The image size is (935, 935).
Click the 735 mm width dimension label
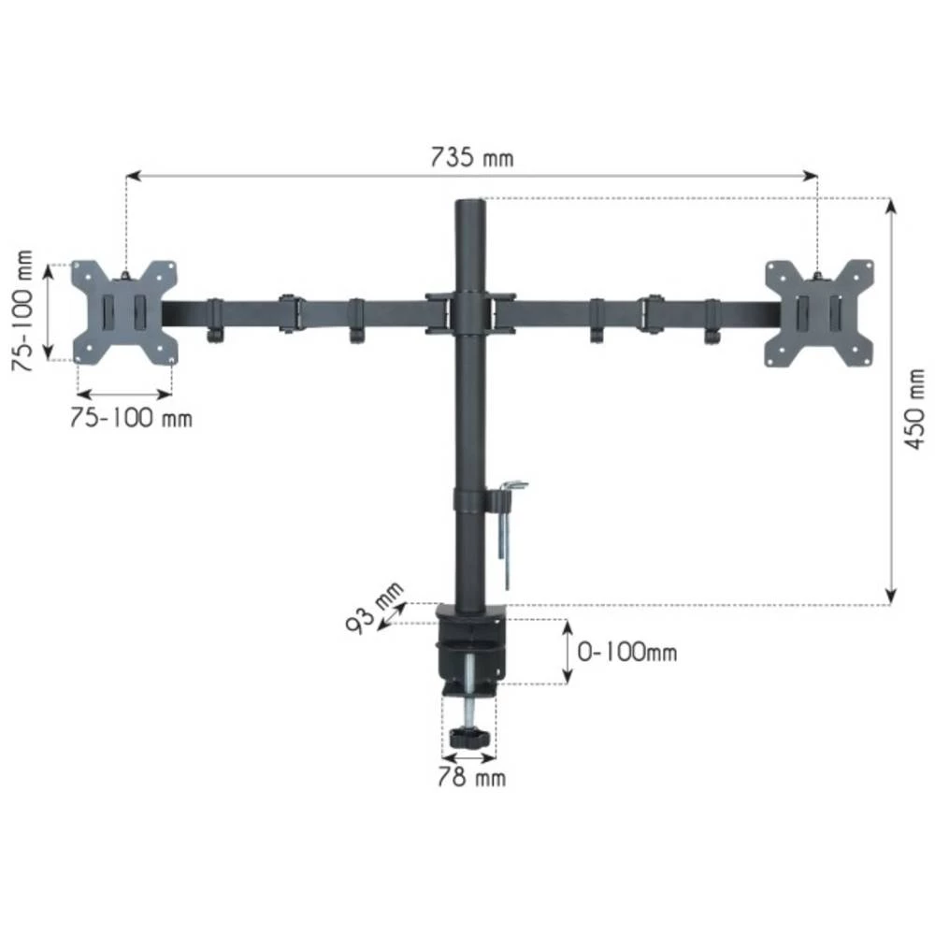coord(471,156)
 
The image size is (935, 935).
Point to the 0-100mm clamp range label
coord(626,652)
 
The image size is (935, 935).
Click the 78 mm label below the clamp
coord(470,776)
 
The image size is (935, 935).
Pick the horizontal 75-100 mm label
coord(131,418)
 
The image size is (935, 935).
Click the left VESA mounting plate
coord(125,311)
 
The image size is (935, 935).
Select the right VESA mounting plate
coord(818,311)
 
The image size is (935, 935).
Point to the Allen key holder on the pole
coord(511,524)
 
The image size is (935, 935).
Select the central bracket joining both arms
coord(469,312)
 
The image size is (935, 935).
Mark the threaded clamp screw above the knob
coord(469,687)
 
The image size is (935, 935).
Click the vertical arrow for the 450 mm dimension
coord(891,402)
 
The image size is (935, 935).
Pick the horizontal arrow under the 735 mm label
coord(471,175)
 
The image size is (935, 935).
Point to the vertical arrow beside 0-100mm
coord(568,652)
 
